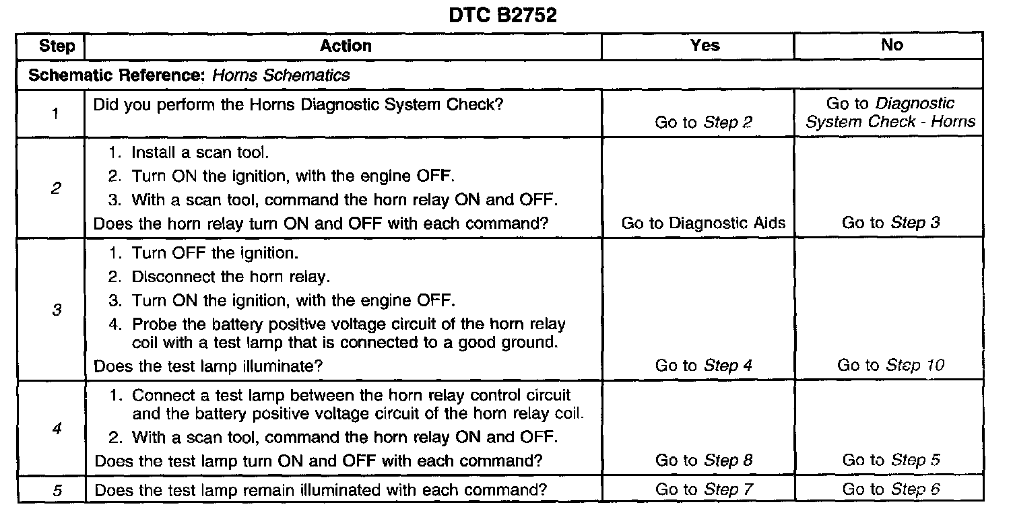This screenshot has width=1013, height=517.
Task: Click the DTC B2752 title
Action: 503,15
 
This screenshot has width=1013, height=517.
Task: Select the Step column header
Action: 57,46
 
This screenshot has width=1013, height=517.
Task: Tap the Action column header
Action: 346,46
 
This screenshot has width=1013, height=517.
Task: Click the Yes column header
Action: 705,46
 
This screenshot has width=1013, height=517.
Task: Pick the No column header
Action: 891,45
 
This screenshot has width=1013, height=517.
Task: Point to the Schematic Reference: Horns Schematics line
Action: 189,75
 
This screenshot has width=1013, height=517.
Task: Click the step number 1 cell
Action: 54,113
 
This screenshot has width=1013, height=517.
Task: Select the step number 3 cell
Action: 57,310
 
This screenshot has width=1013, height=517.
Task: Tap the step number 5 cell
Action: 57,490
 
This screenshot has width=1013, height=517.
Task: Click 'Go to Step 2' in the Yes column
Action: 704,123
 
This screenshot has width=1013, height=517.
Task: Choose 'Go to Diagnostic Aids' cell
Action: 703,223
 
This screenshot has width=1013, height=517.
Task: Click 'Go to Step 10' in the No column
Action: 890,366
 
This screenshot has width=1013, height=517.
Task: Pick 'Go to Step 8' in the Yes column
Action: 704,460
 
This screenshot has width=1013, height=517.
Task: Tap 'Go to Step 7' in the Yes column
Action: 704,490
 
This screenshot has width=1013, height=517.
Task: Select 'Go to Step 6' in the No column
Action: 890,490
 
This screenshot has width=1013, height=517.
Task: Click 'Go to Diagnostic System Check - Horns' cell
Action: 890,113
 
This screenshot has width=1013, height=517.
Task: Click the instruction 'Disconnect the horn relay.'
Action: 222,277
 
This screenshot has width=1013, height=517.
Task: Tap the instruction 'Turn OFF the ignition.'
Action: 214,254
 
